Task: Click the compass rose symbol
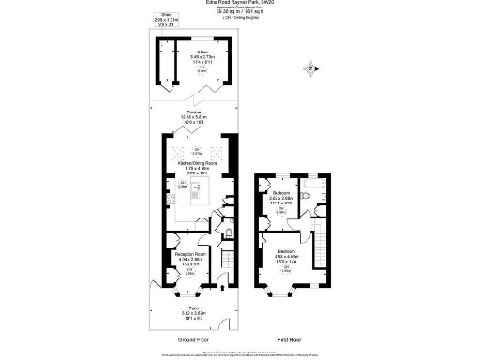(308, 67)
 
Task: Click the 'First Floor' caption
(288, 338)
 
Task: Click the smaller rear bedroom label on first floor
(281, 194)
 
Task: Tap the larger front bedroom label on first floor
(287, 252)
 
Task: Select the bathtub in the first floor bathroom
(313, 192)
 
